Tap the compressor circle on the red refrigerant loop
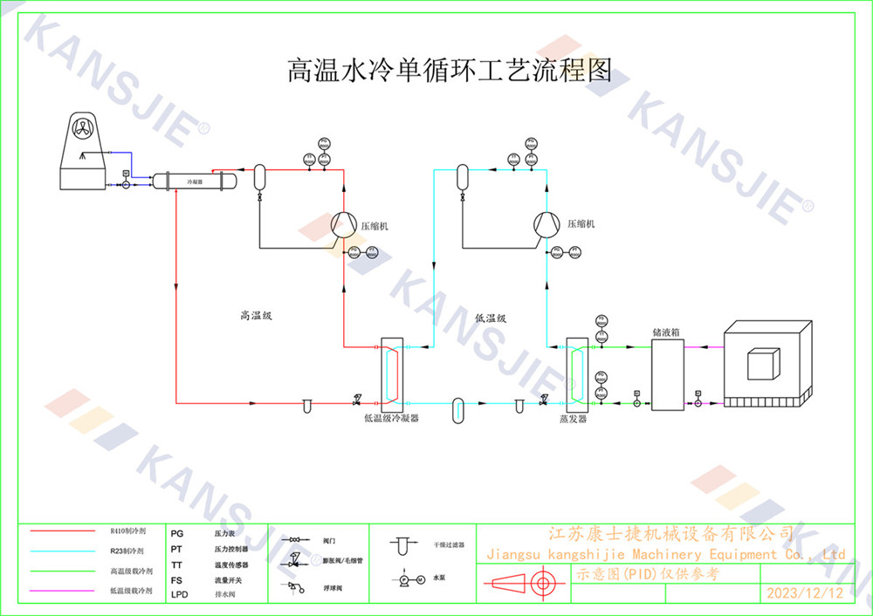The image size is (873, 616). pos(343,225)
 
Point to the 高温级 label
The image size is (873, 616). pos(257,315)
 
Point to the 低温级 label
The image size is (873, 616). pos(491,318)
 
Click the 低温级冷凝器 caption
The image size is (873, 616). pos(391,419)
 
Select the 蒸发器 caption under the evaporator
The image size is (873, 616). pos(573,419)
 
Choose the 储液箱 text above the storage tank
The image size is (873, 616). pos(666,332)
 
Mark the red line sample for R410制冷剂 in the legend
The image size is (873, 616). pos(62,530)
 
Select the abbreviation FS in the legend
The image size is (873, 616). pos(176,579)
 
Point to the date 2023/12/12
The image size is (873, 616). pos(804,593)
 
